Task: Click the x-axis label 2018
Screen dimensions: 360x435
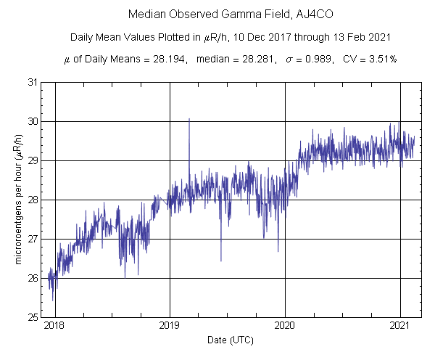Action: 54,327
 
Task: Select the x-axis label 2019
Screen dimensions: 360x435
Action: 170,327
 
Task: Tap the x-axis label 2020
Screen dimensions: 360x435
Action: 285,327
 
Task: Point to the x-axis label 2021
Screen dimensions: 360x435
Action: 401,327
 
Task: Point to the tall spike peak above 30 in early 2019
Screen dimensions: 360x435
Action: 189,118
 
